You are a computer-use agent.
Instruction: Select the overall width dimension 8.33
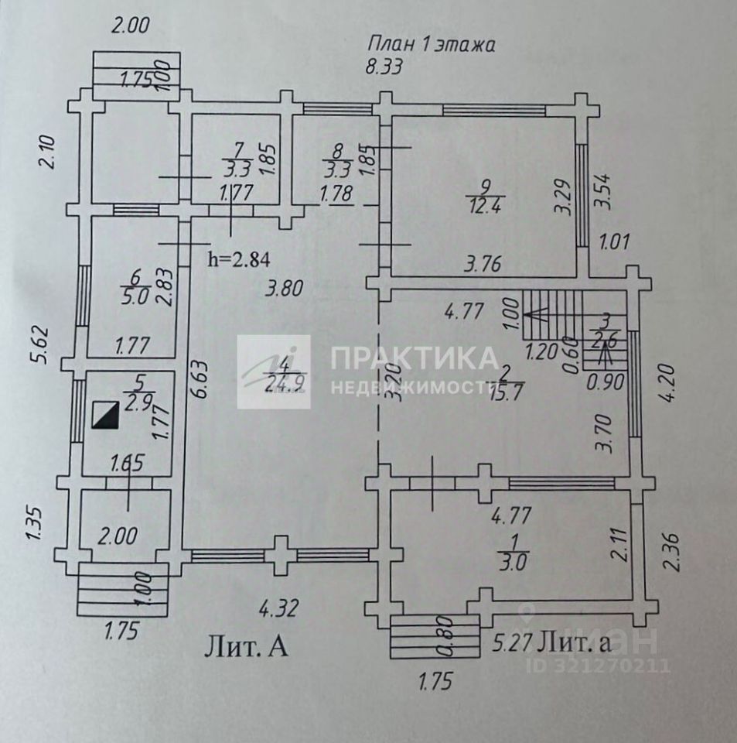[x=384, y=67]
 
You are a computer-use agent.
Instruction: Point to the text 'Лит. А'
[x=246, y=645]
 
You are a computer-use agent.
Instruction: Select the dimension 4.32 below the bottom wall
[x=279, y=609]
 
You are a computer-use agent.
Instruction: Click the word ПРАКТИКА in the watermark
[x=414, y=358]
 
